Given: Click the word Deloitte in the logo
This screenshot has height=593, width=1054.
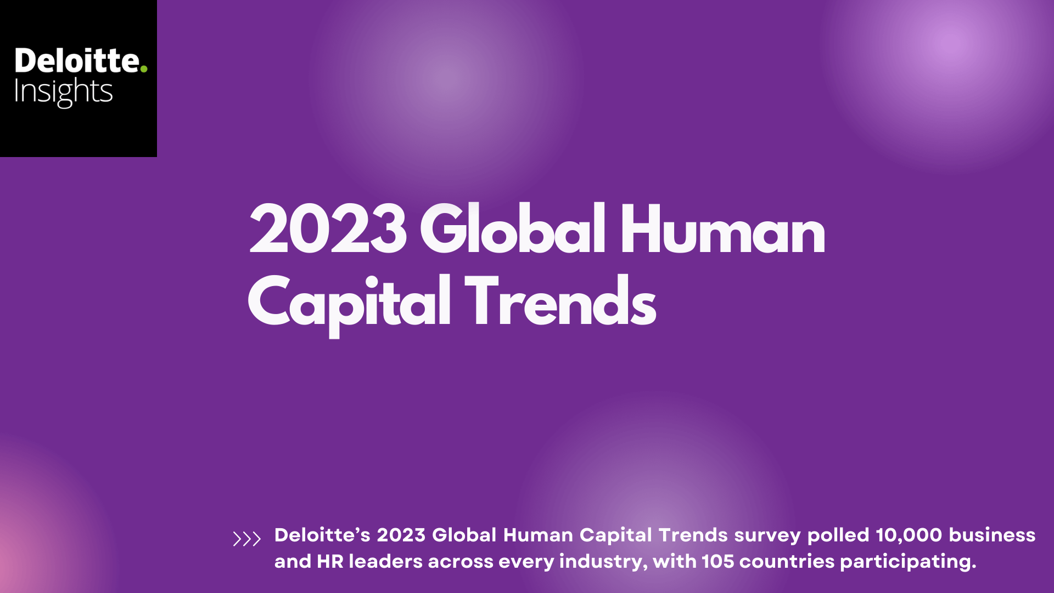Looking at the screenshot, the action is (77, 60).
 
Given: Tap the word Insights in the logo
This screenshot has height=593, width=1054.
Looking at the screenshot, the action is (63, 92).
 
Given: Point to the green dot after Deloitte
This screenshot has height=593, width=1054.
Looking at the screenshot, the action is (144, 69).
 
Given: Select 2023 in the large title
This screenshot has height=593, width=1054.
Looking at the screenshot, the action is (328, 229).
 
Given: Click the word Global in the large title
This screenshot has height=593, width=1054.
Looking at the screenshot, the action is (513, 228).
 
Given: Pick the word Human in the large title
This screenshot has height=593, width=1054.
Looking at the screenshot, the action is (722, 229).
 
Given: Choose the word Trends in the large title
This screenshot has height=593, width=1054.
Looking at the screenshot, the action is (560, 301).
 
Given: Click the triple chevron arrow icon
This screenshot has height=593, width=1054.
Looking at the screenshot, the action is (246, 539).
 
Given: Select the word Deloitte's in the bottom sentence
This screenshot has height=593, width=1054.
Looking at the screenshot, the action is (322, 535).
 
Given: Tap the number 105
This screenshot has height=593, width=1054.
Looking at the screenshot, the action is (717, 561).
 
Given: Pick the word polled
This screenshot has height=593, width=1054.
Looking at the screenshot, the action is (838, 535).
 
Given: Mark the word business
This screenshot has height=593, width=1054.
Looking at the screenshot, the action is (992, 535).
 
